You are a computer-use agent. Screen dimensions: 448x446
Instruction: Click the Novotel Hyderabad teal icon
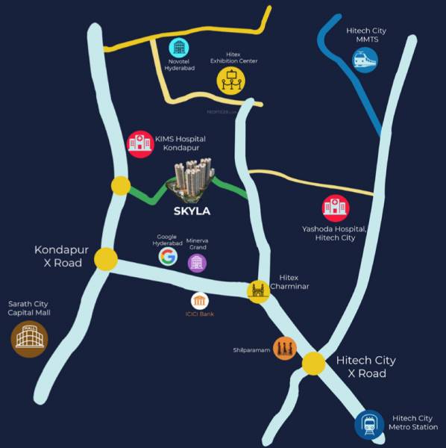coord(178,47)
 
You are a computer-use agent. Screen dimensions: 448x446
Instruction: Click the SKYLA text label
coord(192,211)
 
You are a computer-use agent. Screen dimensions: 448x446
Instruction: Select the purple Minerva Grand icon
coord(196,262)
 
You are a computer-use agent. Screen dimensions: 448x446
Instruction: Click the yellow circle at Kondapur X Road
coord(106,259)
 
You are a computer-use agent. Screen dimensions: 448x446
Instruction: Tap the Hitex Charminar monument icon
coord(258,290)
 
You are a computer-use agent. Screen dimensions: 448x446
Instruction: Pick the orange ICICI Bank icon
coord(200,301)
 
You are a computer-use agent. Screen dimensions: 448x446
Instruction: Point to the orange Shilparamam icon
coord(284,347)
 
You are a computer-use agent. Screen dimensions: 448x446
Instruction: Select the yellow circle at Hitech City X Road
coord(314,364)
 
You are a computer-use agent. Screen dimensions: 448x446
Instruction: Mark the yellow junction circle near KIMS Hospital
coord(119,187)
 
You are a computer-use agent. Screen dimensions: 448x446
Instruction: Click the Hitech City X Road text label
coord(366,367)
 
